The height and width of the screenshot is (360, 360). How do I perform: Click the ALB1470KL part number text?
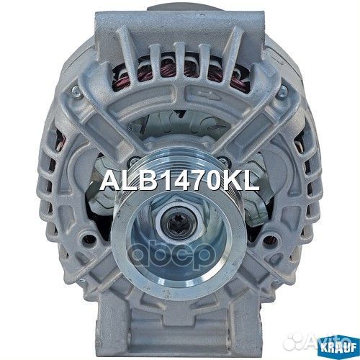[x=179, y=181]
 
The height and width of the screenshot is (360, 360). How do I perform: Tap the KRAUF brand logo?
[x=340, y=348]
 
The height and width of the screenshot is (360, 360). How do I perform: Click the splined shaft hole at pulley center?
[x=179, y=225]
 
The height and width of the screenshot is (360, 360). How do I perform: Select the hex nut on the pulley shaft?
[x=179, y=223]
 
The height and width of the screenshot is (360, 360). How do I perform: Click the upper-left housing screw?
[x=75, y=90]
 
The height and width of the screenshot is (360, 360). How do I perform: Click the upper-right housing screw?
[x=284, y=91]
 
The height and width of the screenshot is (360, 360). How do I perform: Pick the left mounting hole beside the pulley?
[x=89, y=237]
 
